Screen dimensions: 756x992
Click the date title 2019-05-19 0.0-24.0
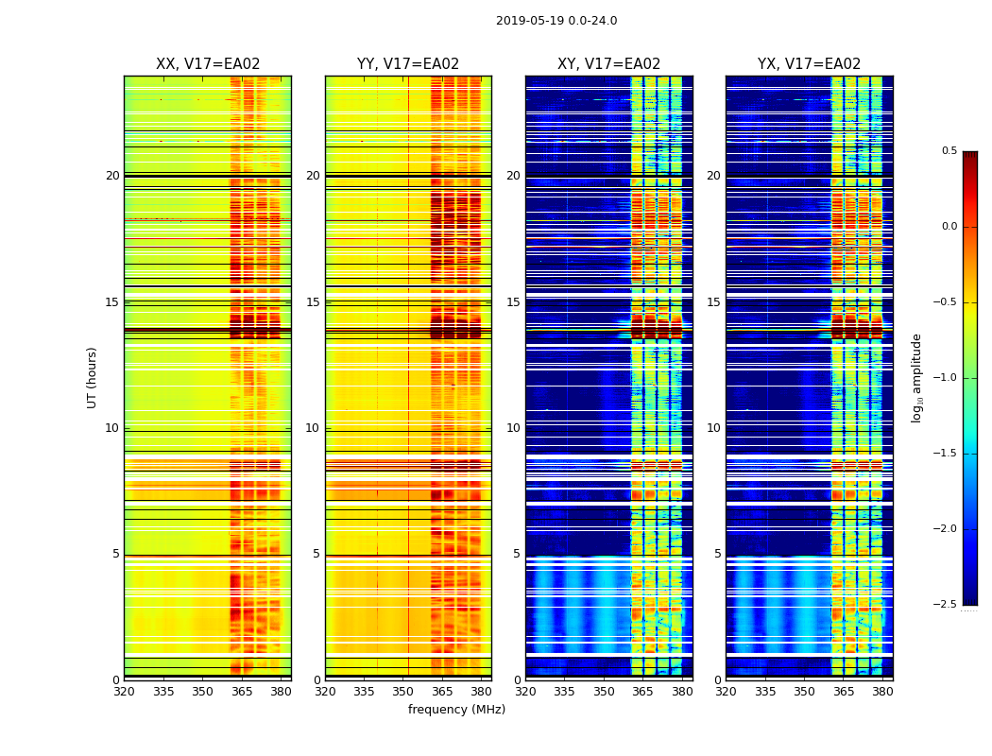[x=556, y=21]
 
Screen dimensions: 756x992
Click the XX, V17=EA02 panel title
[x=208, y=64]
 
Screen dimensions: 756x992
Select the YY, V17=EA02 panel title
[x=408, y=64]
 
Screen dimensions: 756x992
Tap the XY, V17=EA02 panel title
[x=608, y=64]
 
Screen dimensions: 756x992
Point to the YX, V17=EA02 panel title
[x=809, y=64]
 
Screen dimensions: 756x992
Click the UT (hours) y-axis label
[x=92, y=377]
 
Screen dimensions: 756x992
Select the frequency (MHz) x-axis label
[x=456, y=710]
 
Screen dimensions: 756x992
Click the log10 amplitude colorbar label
[x=916, y=377]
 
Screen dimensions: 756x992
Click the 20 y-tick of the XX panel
[x=112, y=176]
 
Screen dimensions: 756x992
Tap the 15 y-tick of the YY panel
[x=313, y=302]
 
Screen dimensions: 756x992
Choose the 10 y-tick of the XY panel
[x=513, y=428]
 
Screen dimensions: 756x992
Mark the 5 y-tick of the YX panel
[x=717, y=554]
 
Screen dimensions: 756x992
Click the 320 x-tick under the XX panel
[x=124, y=692]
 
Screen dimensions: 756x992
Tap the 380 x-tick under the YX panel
[x=882, y=692]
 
